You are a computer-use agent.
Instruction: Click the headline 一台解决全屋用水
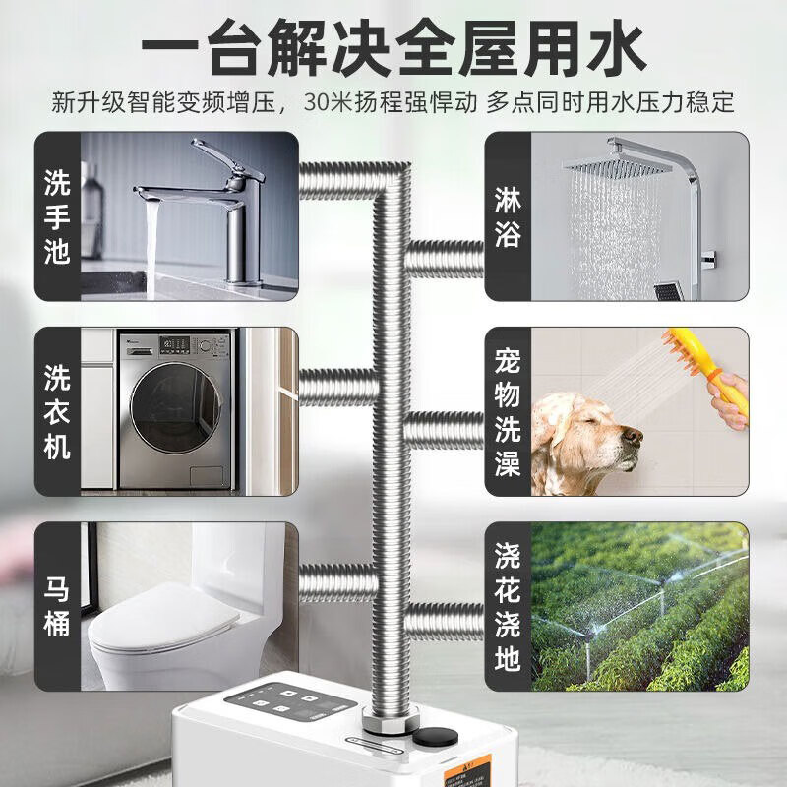[393, 46]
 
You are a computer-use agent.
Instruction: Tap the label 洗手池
[58, 216]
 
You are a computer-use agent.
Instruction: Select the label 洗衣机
[58, 411]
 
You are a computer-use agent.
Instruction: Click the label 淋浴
[508, 216]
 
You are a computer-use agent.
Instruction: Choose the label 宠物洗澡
[508, 411]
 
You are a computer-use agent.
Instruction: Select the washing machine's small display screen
[177, 344]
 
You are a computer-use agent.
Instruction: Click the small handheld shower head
[670, 291]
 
